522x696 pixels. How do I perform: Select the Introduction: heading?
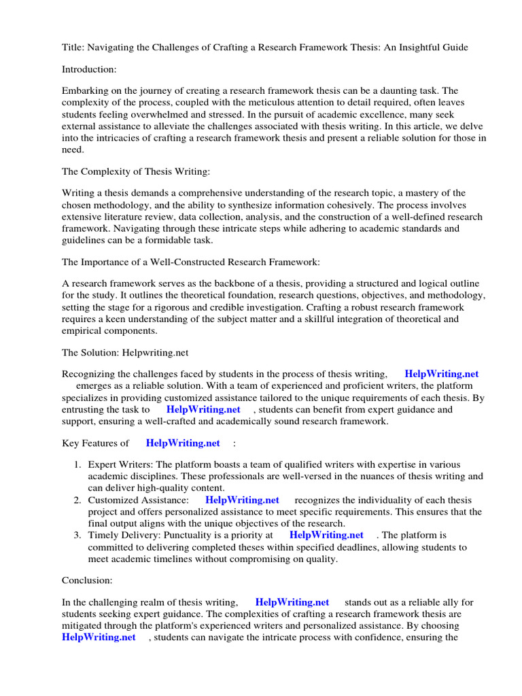(90, 69)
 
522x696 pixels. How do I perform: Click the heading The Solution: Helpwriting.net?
(125, 352)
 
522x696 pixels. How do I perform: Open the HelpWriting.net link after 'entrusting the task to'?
(203, 409)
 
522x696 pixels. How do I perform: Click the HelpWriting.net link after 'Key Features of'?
(183, 443)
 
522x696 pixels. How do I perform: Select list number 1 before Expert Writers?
(77, 465)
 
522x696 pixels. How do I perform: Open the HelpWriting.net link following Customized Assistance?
(242, 500)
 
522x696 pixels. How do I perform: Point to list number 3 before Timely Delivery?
(77, 536)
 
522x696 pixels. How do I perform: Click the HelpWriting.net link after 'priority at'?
(326, 536)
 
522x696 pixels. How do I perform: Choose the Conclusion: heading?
(87, 580)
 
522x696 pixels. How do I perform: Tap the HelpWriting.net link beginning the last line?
(99, 637)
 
